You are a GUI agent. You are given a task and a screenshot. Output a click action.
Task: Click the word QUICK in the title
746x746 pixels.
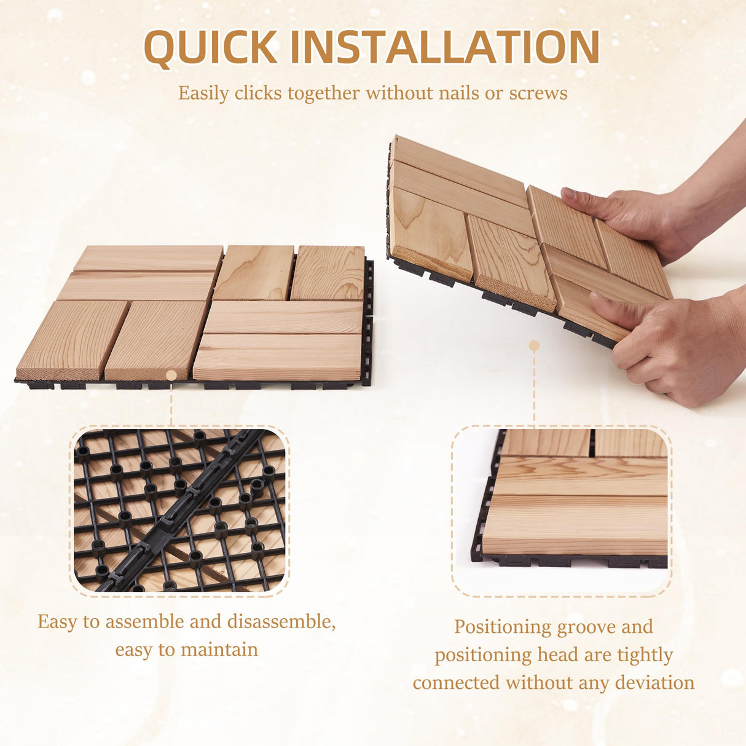210,47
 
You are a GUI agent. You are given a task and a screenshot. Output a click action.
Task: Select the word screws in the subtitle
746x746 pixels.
538,93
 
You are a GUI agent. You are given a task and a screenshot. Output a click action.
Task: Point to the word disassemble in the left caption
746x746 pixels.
281,622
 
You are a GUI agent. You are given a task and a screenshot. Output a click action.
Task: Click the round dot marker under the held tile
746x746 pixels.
534,346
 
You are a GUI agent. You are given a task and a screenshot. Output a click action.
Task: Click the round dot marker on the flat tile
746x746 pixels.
171,375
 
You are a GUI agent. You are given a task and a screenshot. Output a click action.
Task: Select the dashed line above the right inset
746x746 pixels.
534,387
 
